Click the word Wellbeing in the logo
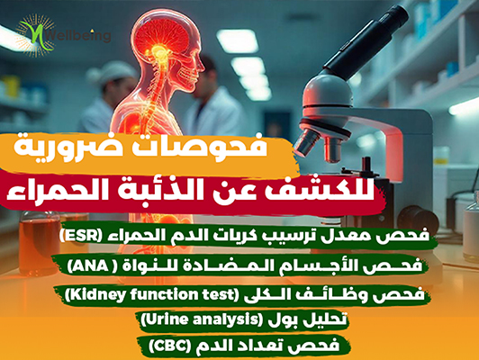[79, 36]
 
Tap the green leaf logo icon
[37, 35]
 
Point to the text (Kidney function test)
[152, 295]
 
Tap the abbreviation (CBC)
[171, 346]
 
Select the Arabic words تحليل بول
[308, 320]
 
